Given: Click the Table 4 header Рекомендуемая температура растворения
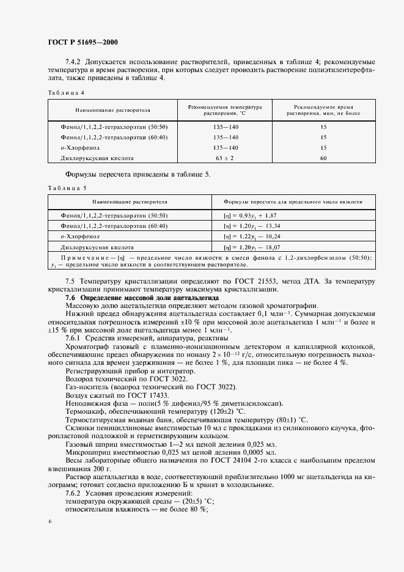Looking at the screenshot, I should (x=225, y=109).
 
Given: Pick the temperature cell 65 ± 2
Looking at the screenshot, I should (x=225, y=158).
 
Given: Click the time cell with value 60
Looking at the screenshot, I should (x=323, y=158).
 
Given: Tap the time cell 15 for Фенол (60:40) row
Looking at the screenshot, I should (x=323, y=137).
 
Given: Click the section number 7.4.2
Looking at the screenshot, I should (x=75, y=62).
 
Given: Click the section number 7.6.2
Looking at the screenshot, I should (x=75, y=493).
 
